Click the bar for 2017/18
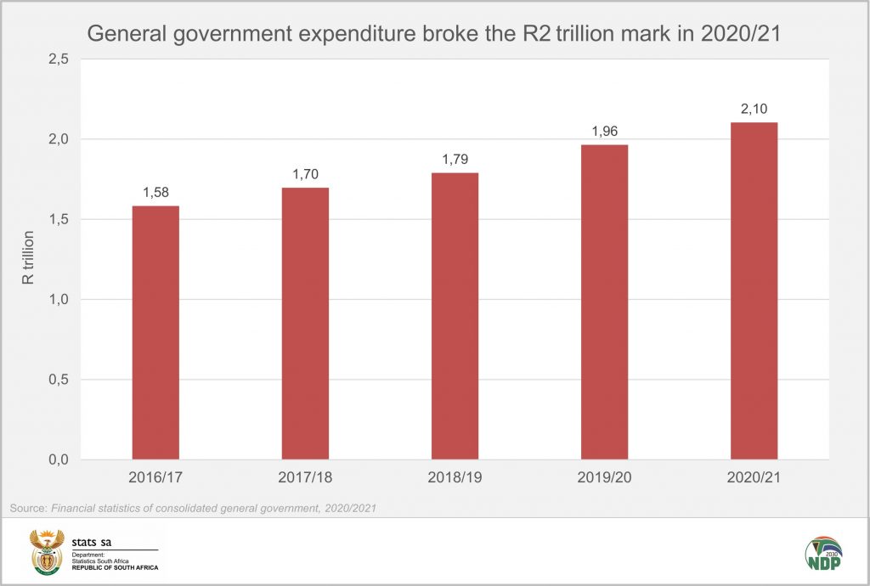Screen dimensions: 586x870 pyautogui.click(x=305, y=324)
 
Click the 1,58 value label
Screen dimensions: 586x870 pyautogui.click(x=155, y=191)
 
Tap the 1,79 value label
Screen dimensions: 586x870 pyautogui.click(x=455, y=158)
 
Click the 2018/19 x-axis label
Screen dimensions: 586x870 pyautogui.click(x=455, y=478)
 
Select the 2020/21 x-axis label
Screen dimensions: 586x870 pyautogui.click(x=754, y=478)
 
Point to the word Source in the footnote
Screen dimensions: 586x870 pyautogui.click(x=28, y=508)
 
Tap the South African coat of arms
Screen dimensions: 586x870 pyautogui.click(x=47, y=553)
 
